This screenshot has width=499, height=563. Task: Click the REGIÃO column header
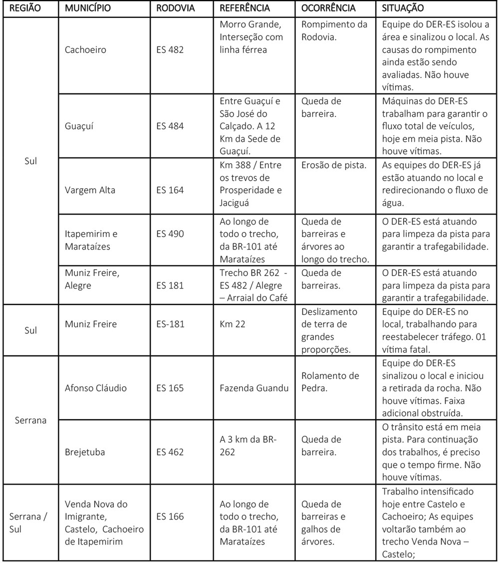coord(23,8)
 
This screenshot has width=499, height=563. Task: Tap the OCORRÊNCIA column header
coord(328,8)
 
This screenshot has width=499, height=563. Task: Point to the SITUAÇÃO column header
coord(403,8)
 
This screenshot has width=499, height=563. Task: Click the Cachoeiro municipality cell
coord(85,50)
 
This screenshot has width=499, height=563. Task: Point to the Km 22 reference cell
coord(231,324)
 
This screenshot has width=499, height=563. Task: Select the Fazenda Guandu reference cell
coord(254,388)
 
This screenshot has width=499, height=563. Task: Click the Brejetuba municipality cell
coord(83,452)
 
